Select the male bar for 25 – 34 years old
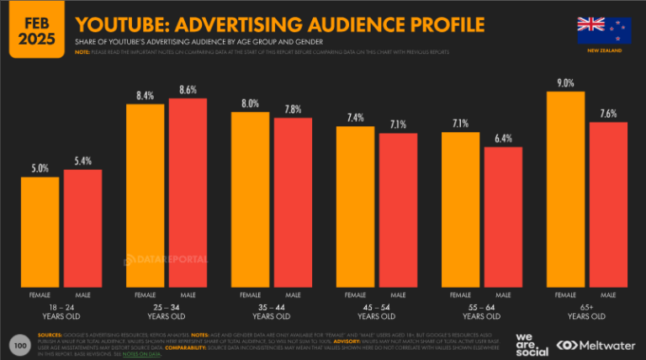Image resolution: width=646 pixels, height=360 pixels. point(188,193)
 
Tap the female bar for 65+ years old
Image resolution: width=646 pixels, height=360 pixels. point(565,190)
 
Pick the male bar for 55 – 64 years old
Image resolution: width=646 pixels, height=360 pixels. point(503,218)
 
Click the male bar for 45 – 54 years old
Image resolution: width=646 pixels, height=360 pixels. point(398,211)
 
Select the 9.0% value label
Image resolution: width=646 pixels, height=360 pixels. point(565,82)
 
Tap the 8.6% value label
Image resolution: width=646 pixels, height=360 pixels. point(188,88)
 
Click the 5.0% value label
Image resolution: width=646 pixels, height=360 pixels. point(40,167)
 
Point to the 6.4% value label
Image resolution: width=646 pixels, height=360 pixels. point(503,138)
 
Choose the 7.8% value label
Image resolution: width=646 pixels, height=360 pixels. point(293,109)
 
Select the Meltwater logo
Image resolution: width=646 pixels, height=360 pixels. point(597,344)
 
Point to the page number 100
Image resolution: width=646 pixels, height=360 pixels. point(19,344)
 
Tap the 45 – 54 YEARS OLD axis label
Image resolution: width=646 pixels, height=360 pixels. point(377,312)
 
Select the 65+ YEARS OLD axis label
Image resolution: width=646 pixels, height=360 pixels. point(586,312)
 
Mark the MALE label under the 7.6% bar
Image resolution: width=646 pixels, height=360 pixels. point(607,295)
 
